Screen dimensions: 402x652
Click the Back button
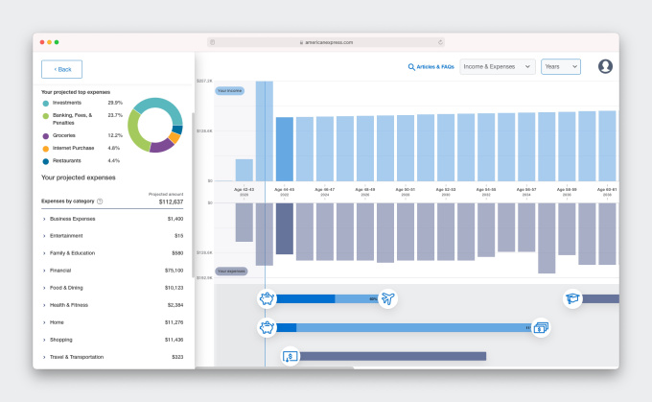62,69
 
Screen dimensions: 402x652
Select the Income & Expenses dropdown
498,66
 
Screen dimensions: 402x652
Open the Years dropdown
561,66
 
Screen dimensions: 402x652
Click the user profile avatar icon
605,66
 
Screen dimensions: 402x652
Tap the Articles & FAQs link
431,67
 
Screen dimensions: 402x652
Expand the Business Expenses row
45,219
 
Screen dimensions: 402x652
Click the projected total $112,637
170,201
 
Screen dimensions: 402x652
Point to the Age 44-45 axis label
285,189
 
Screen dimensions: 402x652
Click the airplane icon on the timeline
387,299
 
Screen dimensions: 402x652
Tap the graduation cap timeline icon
573,299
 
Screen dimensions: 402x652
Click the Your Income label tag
229,91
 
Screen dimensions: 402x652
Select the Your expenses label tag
230,272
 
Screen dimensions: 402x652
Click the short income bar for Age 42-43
244,170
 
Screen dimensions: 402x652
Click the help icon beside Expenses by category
100,201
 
